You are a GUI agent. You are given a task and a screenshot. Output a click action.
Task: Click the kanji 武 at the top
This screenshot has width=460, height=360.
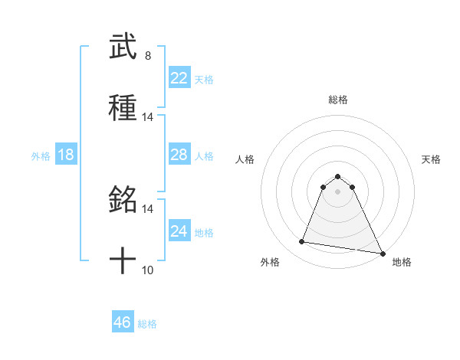pyautogui.click(x=123, y=47)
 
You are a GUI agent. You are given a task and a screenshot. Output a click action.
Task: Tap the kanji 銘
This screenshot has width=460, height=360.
pyautogui.click(x=123, y=201)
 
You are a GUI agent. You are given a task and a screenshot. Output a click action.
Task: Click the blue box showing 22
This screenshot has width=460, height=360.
pyautogui.click(x=179, y=78)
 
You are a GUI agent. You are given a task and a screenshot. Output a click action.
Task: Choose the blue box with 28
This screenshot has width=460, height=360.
pyautogui.click(x=179, y=155)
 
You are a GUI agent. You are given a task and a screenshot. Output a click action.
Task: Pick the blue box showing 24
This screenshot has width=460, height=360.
pyautogui.click(x=179, y=231)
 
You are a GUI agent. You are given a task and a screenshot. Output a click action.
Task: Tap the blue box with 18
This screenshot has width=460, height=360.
pyautogui.click(x=66, y=155)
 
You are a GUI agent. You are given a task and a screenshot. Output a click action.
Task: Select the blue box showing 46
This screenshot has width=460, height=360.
pyautogui.click(x=123, y=322)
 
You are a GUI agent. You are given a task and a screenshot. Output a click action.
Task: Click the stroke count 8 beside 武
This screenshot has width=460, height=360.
pyautogui.click(x=148, y=56)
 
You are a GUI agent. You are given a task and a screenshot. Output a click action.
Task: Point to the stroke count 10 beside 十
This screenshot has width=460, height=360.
pyautogui.click(x=148, y=270)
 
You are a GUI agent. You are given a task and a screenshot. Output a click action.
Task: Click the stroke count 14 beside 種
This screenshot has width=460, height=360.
pyautogui.click(x=148, y=117)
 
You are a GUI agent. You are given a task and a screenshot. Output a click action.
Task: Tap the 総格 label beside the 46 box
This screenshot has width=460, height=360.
pyautogui.click(x=147, y=324)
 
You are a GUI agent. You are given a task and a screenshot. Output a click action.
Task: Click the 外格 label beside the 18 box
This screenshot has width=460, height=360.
pyautogui.click(x=41, y=156)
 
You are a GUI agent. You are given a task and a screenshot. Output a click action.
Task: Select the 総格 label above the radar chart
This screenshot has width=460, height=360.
pyautogui.click(x=338, y=100)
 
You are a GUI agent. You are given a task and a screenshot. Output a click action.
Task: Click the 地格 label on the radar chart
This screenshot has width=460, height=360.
pyautogui.click(x=402, y=263)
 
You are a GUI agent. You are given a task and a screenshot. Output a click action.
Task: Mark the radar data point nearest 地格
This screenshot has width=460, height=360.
pyautogui.click(x=382, y=252)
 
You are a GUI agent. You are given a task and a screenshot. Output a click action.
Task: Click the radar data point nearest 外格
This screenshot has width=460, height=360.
pyautogui.click(x=302, y=242)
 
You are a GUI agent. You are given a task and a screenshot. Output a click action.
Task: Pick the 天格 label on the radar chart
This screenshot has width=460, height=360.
pyautogui.click(x=432, y=159)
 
